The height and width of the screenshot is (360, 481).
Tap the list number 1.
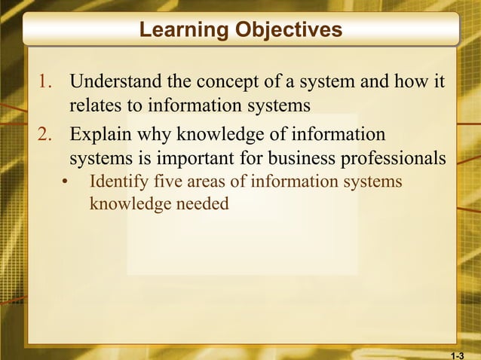[x=45, y=81]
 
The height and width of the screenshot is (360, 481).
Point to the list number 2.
[x=45, y=136]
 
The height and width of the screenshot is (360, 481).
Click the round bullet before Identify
[x=66, y=183]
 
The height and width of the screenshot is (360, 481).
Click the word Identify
[x=118, y=182]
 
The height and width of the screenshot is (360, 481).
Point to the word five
[x=167, y=182]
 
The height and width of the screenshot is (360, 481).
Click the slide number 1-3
[x=458, y=354]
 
